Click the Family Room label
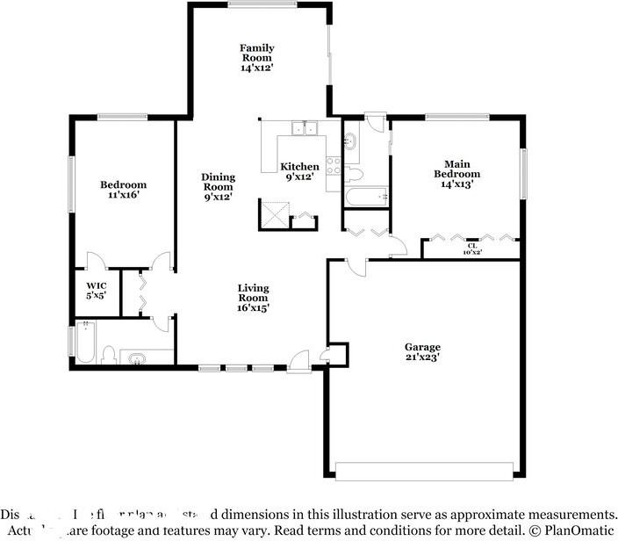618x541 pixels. pos(257,57)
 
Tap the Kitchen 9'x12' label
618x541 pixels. pos(299,171)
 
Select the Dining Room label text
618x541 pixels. pos(218,187)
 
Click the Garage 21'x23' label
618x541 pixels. pos(422,352)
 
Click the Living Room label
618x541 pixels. pos(253,298)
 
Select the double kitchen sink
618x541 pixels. pos(305,129)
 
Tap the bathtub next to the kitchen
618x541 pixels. pos(364,197)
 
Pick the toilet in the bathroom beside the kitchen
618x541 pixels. pos(352,171)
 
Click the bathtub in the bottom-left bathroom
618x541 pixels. pos(85,343)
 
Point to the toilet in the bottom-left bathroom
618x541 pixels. pos(109,356)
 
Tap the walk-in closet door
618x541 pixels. pos(95,261)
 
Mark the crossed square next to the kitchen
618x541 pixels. pos(273,213)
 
